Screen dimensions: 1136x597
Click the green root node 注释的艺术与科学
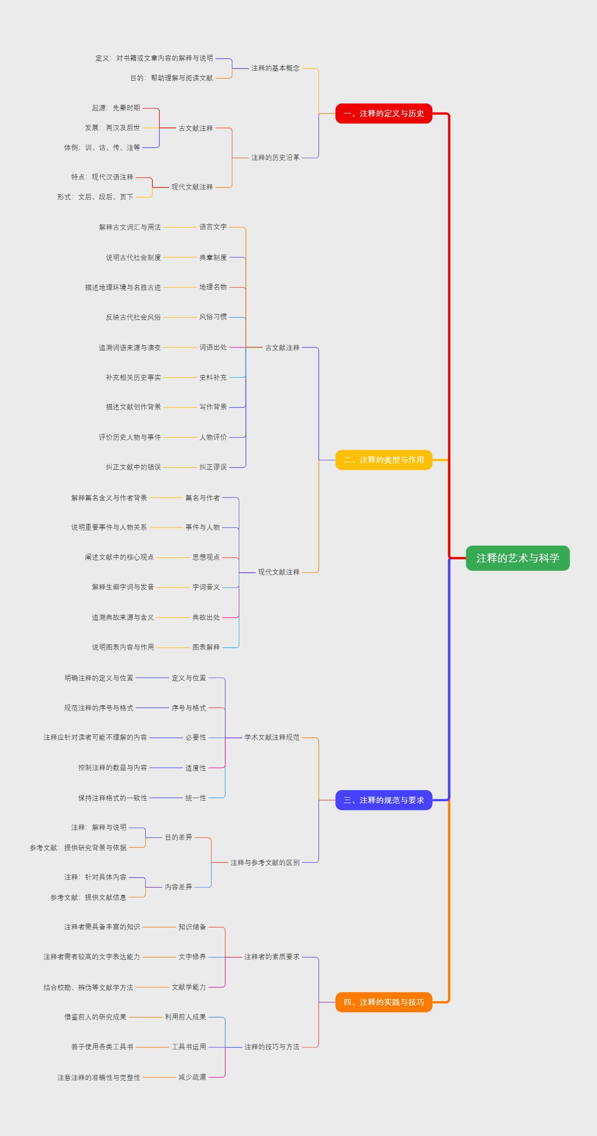coord(517,558)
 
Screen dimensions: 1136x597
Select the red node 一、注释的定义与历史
coord(384,113)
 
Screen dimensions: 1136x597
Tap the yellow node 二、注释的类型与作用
coord(384,460)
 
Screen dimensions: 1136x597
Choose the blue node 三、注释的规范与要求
coord(384,800)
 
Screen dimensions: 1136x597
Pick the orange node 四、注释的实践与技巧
coord(384,1002)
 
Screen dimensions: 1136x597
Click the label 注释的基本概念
coord(275,68)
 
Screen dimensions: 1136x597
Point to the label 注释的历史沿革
coord(275,158)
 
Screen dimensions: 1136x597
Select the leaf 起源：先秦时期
coord(116,108)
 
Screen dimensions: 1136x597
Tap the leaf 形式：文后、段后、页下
coord(95,197)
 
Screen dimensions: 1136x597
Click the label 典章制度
coord(213,257)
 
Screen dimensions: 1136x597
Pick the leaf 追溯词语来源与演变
coord(129,347)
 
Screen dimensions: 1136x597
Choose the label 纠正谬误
coord(213,467)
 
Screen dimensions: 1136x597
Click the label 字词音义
coord(206,587)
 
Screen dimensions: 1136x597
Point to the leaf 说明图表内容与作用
coord(122,647)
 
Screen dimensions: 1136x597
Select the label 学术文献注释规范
coord(272,737)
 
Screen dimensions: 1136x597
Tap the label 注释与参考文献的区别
coord(265,862)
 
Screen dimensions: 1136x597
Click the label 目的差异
coord(178,837)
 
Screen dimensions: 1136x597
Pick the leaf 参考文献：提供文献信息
coord(88,897)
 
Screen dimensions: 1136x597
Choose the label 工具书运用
coord(189,1047)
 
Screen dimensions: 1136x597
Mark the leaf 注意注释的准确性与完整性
coord(99,1077)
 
